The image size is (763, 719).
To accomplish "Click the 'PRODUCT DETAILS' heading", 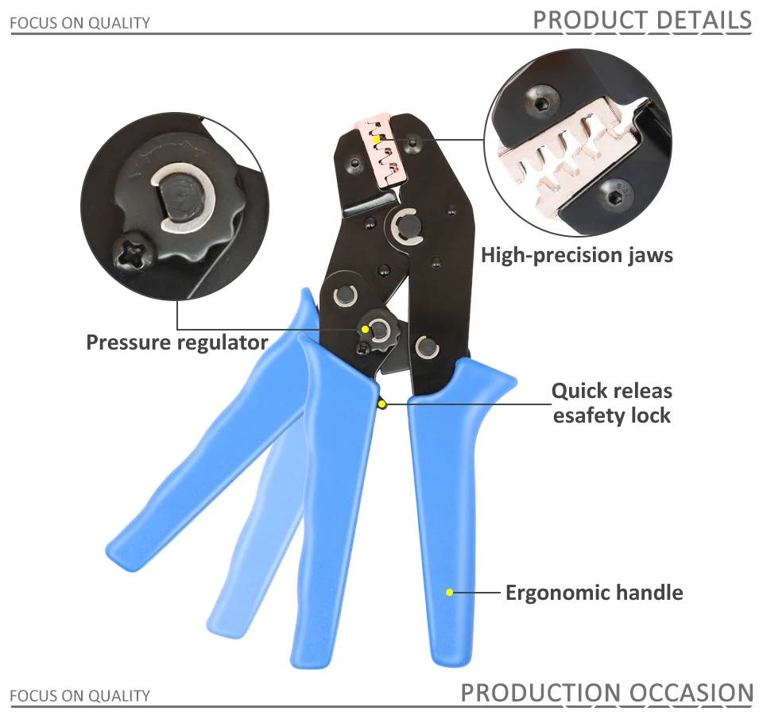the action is tap(641, 20).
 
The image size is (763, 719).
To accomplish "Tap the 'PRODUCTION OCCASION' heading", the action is tap(606, 693).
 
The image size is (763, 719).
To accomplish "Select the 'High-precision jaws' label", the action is tap(576, 255).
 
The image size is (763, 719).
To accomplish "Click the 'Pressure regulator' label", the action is tap(176, 342).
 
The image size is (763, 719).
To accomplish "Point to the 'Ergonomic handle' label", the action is tap(594, 592).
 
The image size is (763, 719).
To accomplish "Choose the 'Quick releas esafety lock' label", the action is tap(611, 403).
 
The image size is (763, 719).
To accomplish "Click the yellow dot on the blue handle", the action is tap(449, 592).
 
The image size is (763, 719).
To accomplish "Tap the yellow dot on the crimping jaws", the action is tap(376, 139).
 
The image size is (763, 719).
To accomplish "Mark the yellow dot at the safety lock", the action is tap(382, 404).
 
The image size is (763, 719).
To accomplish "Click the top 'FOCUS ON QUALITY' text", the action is tap(79, 23).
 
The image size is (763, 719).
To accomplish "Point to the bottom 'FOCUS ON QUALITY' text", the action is tap(79, 696).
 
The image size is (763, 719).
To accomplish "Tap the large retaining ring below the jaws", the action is tap(405, 226).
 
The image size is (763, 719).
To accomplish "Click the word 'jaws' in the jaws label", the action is tap(647, 255).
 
